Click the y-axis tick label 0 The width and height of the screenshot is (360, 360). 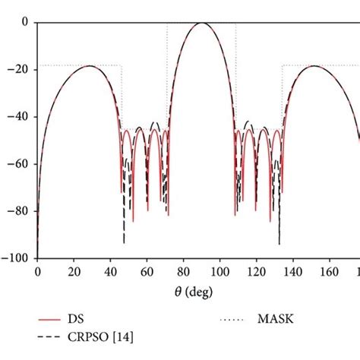[27, 23]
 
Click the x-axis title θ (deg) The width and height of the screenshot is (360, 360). [199, 291]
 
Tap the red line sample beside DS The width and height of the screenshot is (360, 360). [52, 320]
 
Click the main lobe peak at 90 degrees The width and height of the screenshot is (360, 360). [201, 23]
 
